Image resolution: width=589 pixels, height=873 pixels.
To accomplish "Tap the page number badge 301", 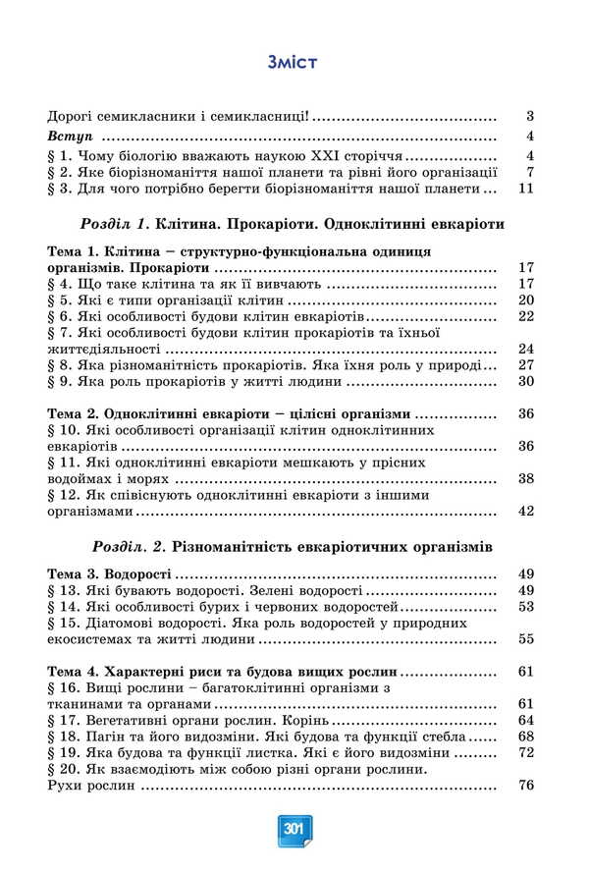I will tap(294, 828).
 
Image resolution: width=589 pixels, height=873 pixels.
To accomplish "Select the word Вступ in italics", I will tap(68, 136).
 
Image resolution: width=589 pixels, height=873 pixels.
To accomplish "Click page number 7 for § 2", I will tap(528, 172).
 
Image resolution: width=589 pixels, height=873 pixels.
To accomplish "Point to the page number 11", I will tap(524, 189).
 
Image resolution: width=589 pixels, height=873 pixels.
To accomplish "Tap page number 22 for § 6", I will tap(524, 316).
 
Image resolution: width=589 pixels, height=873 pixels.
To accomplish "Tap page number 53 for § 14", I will tap(524, 606).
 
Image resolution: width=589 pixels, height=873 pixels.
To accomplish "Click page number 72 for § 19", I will tap(524, 752).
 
